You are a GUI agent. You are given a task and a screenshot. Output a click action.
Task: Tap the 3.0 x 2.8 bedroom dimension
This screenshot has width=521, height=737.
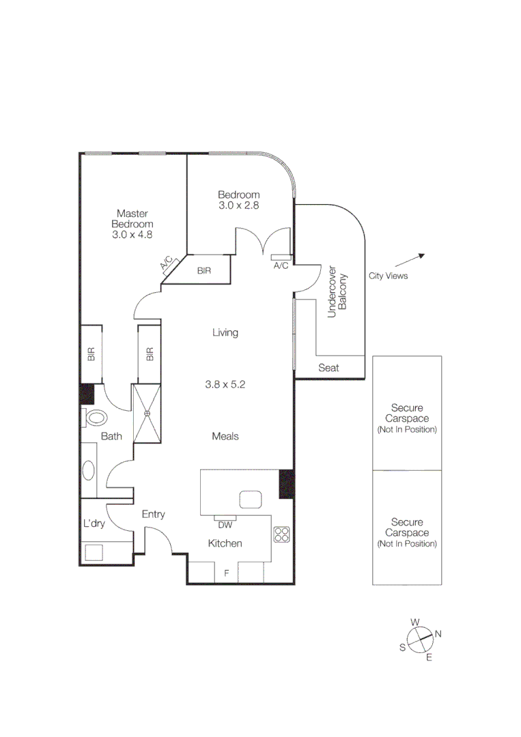[238, 205]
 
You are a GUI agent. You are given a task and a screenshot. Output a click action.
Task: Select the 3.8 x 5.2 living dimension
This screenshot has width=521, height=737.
[225, 385]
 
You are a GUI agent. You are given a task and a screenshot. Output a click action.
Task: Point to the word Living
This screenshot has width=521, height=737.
[225, 333]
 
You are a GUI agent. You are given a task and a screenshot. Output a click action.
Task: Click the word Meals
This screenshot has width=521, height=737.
[225, 436]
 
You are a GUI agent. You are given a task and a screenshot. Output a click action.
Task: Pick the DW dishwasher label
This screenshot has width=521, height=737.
[225, 525]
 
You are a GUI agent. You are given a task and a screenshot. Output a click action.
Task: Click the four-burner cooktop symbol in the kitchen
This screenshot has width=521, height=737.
[281, 534]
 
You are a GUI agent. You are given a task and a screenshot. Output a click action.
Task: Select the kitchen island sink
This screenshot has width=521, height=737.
[251, 500]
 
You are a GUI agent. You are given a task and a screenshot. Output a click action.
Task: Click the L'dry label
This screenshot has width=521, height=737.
[94, 524]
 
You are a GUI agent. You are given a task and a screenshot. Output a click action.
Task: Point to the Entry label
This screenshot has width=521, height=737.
[153, 515]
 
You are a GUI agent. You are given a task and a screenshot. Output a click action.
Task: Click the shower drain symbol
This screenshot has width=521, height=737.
[146, 413]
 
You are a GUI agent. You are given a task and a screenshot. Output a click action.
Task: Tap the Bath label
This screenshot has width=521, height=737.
[111, 436]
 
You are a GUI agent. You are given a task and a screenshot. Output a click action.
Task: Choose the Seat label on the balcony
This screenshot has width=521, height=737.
[329, 369]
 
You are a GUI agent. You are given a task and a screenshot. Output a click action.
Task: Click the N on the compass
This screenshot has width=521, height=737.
[438, 634]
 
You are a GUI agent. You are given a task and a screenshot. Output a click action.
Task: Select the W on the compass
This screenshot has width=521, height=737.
[414, 622]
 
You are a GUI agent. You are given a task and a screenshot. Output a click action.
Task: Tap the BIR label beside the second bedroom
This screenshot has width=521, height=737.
[203, 271]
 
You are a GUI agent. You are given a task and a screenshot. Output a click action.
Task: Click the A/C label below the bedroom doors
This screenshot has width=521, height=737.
[281, 265]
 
